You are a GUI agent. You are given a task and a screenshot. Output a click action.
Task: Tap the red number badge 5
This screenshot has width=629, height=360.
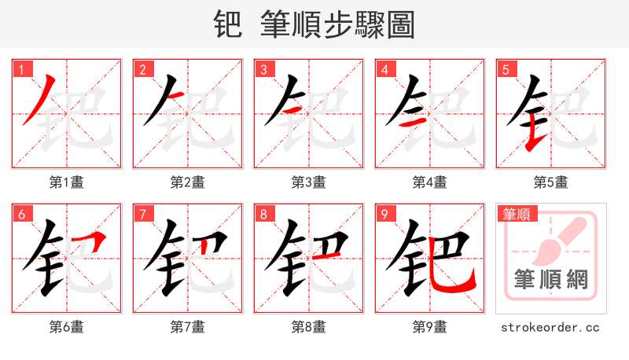point(506,70)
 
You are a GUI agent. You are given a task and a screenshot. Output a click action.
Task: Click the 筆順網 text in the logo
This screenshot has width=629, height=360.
point(550,280)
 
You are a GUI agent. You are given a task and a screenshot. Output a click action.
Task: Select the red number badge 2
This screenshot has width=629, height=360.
point(142,70)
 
